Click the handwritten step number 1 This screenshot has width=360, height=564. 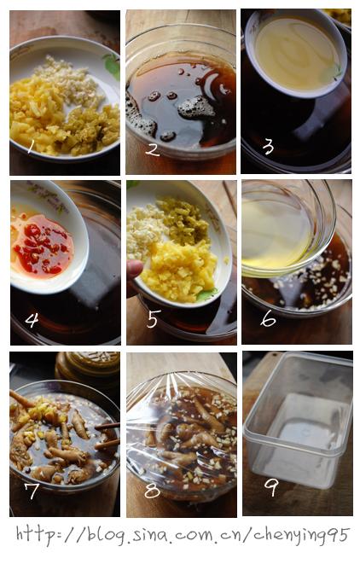pyautogui.click(x=31, y=147)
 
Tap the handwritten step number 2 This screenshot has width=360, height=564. pyautogui.click(x=153, y=149)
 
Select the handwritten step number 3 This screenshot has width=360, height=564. pyautogui.click(x=268, y=147)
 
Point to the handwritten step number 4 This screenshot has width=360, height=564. pyautogui.click(x=32, y=320)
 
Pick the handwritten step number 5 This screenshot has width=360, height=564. pyautogui.click(x=153, y=318)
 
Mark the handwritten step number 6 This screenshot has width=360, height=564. pyautogui.click(x=268, y=318)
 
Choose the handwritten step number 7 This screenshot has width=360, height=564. pyautogui.click(x=32, y=491)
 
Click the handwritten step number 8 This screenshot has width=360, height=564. pyautogui.click(x=152, y=490)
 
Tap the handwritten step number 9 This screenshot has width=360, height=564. pyautogui.click(x=271, y=487)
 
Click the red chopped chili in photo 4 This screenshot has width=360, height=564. pyautogui.click(x=39, y=247)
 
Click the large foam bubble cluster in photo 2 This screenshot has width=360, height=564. pyautogui.click(x=196, y=108)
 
